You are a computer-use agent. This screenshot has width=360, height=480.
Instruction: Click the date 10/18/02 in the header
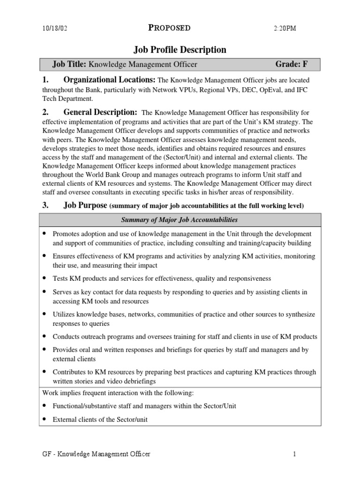coord(54,29)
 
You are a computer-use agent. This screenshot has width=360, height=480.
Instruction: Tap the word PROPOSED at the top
coord(169,28)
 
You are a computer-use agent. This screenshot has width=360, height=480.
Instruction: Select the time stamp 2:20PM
coord(285,29)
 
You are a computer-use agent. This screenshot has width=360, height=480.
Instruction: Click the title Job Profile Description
coord(180,50)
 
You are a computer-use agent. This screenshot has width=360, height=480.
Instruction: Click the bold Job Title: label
coord(70,65)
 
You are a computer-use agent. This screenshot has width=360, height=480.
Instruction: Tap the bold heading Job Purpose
coord(85,205)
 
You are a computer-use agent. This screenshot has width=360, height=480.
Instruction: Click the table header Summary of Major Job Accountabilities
coord(180,220)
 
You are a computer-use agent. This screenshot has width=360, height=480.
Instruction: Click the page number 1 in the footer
coord(295,454)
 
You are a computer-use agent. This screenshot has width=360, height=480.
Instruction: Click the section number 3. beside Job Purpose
coord(45,205)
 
